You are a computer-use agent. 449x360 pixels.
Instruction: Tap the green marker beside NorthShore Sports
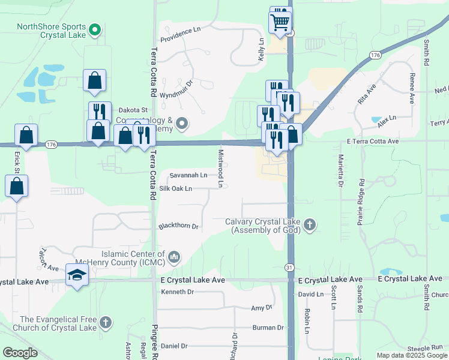94,29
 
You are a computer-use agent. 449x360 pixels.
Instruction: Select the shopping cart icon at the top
280,23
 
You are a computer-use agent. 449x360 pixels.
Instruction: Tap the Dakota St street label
133,110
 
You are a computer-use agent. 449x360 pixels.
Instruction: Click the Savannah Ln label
188,176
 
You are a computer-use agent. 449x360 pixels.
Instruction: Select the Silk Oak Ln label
172,188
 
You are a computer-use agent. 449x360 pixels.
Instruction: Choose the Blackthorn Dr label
178,227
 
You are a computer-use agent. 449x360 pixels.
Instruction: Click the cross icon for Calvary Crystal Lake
310,226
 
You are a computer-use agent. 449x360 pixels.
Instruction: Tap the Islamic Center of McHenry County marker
174,257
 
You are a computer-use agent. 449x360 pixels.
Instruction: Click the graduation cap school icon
77,275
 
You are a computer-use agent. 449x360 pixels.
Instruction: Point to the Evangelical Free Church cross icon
106,323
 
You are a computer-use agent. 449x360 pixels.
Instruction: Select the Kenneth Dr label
178,292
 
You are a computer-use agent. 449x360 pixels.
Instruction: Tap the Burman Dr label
268,328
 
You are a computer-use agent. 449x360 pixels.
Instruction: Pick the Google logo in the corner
20,353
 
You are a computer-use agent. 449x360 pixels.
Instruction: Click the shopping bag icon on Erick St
17,187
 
